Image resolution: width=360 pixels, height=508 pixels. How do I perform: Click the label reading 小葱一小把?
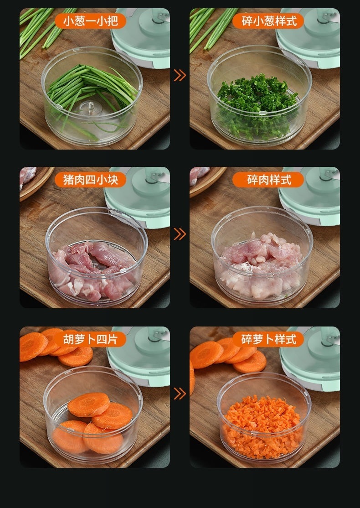click(90, 21)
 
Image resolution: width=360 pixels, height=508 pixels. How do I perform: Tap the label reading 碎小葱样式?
click(268, 21)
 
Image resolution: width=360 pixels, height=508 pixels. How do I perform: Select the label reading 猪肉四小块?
click(90, 180)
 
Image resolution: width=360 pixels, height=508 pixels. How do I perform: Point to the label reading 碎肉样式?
click(268, 180)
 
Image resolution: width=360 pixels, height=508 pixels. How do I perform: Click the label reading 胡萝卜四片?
click(90, 339)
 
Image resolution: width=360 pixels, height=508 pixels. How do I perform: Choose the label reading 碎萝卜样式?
click(268, 339)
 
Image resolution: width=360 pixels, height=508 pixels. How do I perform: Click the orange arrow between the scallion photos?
click(180, 75)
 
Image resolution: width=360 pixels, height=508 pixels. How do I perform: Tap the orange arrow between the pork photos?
click(180, 234)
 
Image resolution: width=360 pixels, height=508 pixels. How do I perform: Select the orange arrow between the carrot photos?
click(180, 394)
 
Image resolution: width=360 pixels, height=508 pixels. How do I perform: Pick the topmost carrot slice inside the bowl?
click(89, 404)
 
